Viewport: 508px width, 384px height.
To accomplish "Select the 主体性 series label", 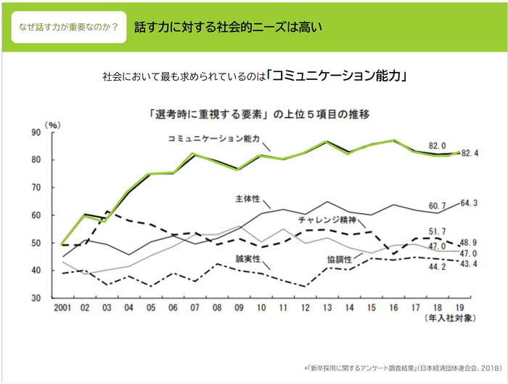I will pyautogui.click(x=247, y=198).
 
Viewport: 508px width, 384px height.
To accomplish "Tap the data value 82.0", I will pyautogui.click(x=438, y=145).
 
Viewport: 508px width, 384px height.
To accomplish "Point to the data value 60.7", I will pyautogui.click(x=438, y=206).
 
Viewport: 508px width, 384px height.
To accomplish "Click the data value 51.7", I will pyautogui.click(x=438, y=231).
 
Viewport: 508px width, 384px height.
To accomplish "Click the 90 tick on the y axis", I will pyautogui.click(x=36, y=132).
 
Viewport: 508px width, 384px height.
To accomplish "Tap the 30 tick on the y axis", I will pyautogui.click(x=36, y=298).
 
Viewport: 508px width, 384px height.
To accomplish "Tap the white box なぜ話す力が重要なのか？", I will pyautogui.click(x=69, y=27).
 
